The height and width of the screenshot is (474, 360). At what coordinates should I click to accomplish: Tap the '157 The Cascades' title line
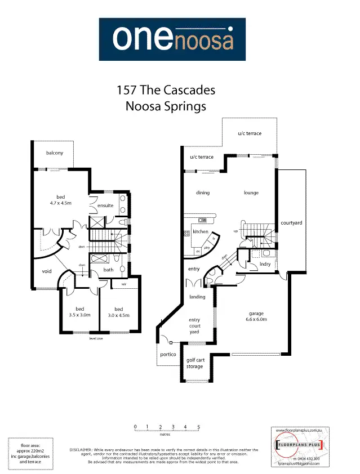166,90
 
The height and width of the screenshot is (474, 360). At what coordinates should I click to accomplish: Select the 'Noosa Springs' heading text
166,106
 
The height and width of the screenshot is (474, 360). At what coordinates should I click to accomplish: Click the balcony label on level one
55,153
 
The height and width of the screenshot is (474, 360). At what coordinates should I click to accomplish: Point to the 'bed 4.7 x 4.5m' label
59,200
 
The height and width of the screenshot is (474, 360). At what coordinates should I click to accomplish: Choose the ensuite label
105,205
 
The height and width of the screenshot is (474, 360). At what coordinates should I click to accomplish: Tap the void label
47,271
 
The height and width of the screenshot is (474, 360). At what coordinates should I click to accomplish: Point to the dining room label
203,193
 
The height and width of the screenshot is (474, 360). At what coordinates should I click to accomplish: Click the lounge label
251,193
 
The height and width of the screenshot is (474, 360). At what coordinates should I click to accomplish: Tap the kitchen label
201,231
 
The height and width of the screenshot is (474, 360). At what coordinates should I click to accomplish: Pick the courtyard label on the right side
291,223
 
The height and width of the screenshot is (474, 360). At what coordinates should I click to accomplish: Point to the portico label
168,355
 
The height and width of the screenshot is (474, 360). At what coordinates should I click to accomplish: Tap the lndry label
265,263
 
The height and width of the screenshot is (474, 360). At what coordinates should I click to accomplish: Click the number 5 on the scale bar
199,426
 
